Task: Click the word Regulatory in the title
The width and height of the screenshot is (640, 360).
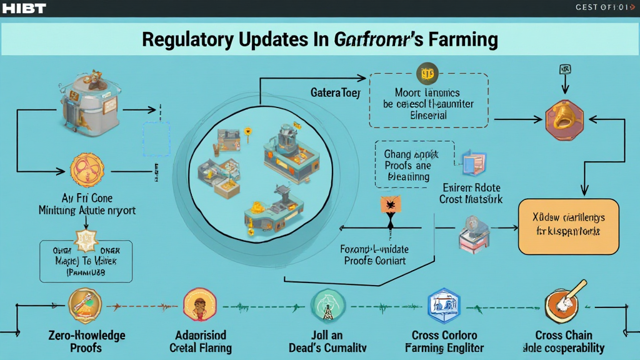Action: tap(187, 39)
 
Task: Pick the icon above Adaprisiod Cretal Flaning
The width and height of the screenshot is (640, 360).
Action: tap(201, 304)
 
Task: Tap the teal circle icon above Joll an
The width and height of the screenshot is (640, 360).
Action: tap(327, 304)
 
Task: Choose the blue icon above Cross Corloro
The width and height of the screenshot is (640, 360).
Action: tap(444, 305)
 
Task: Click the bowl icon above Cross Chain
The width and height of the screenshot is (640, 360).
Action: tap(564, 304)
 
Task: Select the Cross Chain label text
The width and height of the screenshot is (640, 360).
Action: tap(564, 334)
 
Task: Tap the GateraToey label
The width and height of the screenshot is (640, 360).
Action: tap(336, 92)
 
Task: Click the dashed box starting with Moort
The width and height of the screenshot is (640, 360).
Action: tap(428, 99)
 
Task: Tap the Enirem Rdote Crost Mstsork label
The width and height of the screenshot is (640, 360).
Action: tap(471, 194)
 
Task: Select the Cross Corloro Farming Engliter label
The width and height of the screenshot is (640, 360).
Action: tap(444, 341)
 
